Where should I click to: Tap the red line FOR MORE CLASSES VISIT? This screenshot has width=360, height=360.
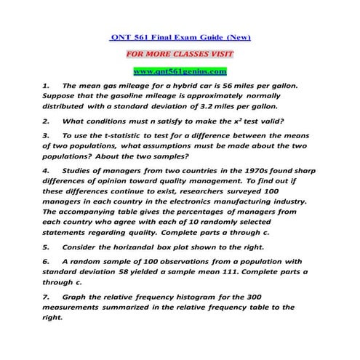click(x=180, y=54)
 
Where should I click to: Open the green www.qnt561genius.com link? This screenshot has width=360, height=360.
click(x=180, y=71)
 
